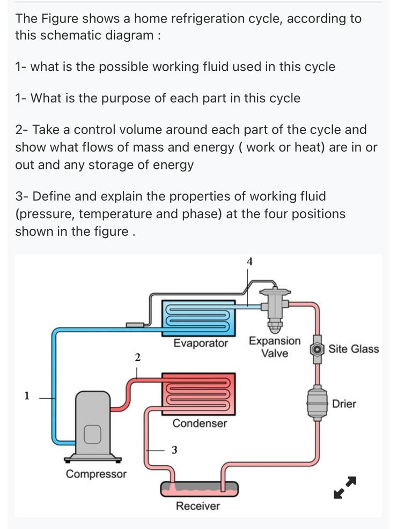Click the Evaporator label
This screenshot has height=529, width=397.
pos(201,343)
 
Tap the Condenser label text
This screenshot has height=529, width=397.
pos(200,423)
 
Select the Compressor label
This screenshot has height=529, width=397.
pos(96,474)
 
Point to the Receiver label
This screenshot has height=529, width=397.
pos(198,506)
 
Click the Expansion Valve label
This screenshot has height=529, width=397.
pos(275,347)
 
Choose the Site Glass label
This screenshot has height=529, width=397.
pos(354,349)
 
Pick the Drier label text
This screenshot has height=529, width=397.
pos(344,404)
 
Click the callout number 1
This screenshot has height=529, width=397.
pos(27,396)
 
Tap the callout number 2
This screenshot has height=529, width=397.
pos(137,357)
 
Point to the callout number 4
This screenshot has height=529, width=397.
pos(249,262)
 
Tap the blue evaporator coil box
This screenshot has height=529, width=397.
pos(198,318)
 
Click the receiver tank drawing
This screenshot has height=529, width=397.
pos(199,488)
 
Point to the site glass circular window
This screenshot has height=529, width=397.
pos(318,349)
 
